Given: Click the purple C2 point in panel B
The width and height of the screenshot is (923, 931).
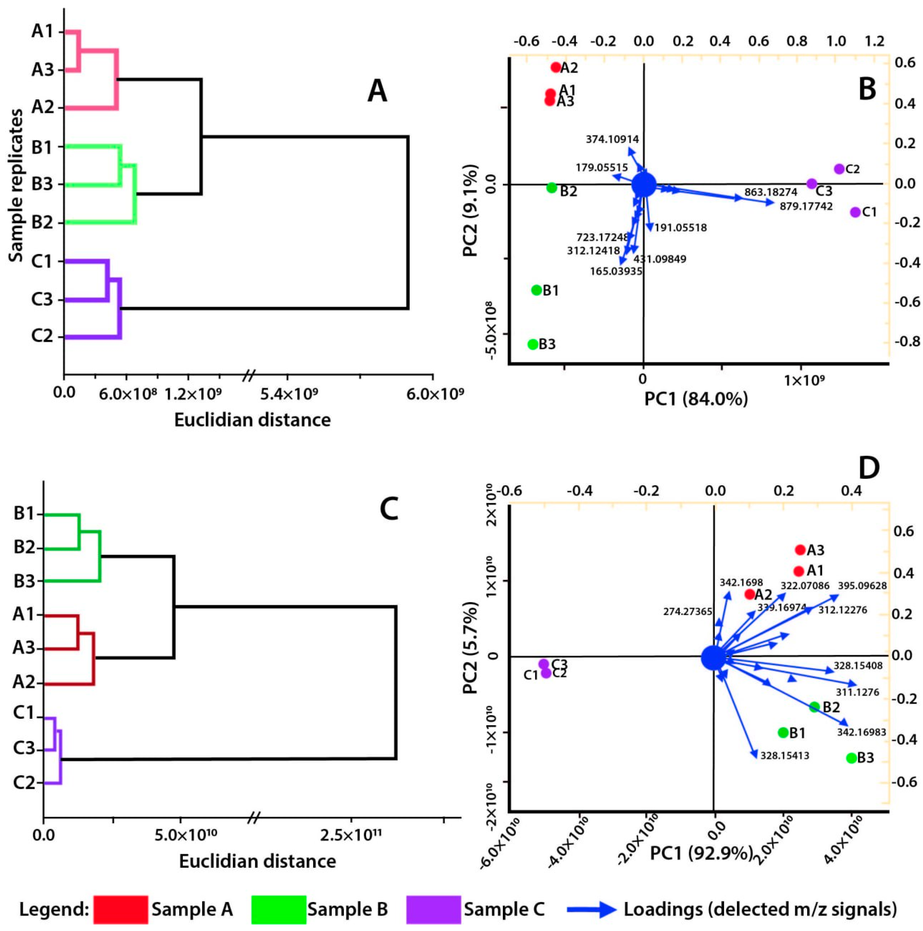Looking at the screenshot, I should [x=839, y=169].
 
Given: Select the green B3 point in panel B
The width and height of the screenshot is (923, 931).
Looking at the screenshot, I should [x=532, y=344].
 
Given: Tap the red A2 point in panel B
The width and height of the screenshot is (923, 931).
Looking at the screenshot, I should [x=555, y=67].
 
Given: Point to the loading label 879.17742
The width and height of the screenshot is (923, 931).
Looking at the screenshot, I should [x=806, y=206].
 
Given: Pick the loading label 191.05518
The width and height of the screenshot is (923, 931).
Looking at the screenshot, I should [x=680, y=227].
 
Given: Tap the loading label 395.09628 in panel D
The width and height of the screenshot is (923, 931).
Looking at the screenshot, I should [x=862, y=586].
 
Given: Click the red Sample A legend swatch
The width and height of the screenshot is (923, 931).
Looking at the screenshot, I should [x=120, y=909].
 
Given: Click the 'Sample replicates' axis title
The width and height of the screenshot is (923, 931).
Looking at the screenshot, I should [x=16, y=185].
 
